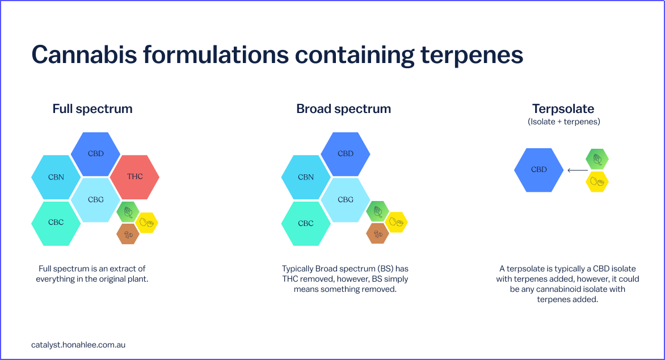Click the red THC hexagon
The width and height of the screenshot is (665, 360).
(x=135, y=177)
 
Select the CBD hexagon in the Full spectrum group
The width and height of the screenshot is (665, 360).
(x=95, y=154)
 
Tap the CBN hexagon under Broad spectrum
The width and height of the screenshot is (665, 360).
(x=306, y=177)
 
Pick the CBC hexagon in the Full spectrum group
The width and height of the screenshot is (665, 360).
(x=56, y=223)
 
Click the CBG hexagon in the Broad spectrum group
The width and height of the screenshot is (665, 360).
(x=345, y=200)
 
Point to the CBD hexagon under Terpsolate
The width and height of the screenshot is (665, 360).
(x=538, y=170)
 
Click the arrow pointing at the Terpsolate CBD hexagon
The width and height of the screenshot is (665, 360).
(x=578, y=170)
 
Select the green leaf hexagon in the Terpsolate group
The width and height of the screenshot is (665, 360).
(x=597, y=159)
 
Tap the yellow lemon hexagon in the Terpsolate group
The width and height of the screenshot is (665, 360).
(x=597, y=182)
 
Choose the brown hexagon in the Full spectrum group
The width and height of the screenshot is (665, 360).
(x=128, y=234)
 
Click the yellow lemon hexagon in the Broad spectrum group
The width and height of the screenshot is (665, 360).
(x=397, y=222)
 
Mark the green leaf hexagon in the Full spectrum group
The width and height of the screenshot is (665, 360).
(x=128, y=212)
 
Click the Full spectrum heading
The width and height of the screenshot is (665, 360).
(x=92, y=109)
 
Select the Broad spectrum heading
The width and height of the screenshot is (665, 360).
(x=343, y=109)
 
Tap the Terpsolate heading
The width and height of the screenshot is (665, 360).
(x=563, y=109)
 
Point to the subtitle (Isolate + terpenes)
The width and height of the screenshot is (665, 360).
(x=564, y=122)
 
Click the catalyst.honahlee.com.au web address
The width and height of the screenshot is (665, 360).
(x=78, y=345)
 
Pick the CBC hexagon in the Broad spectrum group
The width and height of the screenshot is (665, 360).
(x=306, y=223)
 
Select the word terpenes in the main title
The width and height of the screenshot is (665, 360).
(x=472, y=56)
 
